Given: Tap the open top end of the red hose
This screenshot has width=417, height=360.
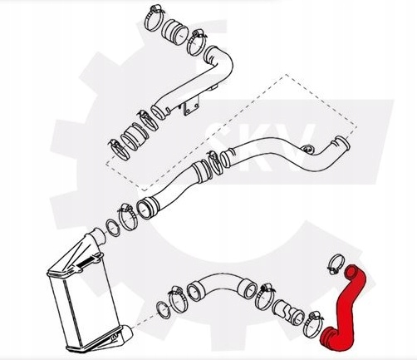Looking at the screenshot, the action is coord(351,272).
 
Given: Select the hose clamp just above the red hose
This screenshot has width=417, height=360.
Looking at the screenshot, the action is coord(336,264).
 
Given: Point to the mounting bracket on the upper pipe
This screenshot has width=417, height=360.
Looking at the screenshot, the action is coord(190,107).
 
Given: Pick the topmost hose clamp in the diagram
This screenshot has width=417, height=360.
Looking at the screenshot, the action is coord(154,17).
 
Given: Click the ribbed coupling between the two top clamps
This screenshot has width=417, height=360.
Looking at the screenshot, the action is coord(174,31).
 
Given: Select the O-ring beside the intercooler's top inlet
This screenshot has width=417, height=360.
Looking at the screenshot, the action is coord(113,228).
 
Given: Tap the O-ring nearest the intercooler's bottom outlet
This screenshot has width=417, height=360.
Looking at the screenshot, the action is coord(163,310).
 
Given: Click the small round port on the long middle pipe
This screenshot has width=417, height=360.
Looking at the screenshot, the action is coord(308,150).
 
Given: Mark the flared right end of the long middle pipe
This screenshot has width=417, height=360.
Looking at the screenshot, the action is coord(342,144).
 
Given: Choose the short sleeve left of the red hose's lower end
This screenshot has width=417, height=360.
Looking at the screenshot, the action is coord(287,312).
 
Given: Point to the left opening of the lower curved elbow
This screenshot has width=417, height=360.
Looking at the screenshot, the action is coord(195,291).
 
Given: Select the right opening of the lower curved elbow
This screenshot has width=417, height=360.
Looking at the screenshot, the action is coord(248,288).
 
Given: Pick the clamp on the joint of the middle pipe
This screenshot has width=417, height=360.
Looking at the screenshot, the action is coord(214,164).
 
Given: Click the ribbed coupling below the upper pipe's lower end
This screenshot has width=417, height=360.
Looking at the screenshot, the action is coord(134,136).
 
